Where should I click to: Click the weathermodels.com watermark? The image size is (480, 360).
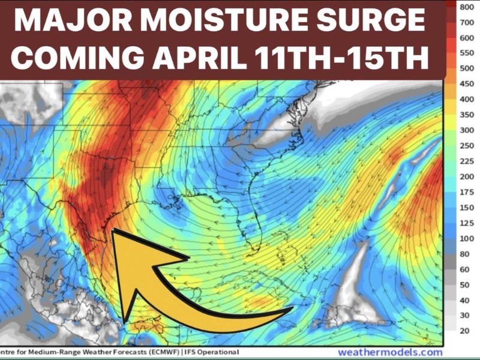pos(390,352)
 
